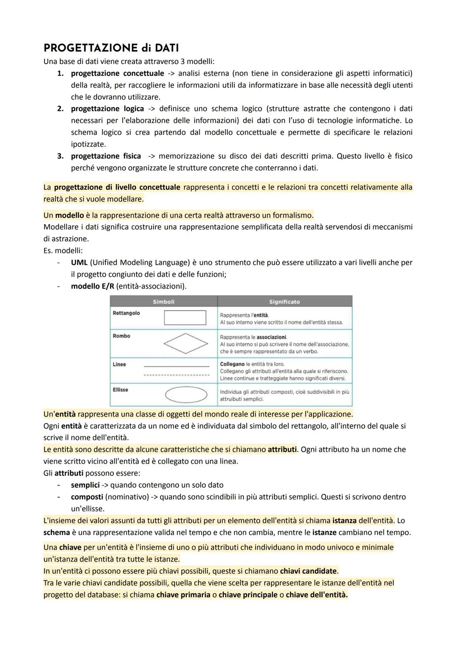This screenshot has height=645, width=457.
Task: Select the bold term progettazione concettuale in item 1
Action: (117, 73)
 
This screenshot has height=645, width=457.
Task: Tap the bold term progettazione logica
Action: (107, 109)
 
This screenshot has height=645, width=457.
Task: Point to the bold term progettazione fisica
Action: (106, 156)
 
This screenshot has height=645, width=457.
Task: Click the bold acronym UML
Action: (79, 263)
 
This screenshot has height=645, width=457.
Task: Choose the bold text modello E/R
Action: (92, 286)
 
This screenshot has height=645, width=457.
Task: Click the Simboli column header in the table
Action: (163, 302)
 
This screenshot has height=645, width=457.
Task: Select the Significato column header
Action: (284, 302)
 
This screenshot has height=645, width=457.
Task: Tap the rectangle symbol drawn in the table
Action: (185, 318)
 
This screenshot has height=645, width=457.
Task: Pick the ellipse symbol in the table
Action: (186, 395)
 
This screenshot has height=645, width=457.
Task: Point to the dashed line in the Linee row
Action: (176, 375)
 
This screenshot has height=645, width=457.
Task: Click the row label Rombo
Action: (121, 336)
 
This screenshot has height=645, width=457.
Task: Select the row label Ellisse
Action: (121, 390)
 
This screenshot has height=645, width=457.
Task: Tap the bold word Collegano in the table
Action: (232, 364)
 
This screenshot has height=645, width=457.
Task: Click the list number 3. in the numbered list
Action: (61, 156)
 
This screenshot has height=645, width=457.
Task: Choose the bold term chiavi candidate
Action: (309, 571)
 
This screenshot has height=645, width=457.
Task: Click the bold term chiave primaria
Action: (183, 595)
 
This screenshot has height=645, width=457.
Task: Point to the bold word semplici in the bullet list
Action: (85, 485)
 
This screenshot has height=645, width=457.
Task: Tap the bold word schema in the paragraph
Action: (56, 532)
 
